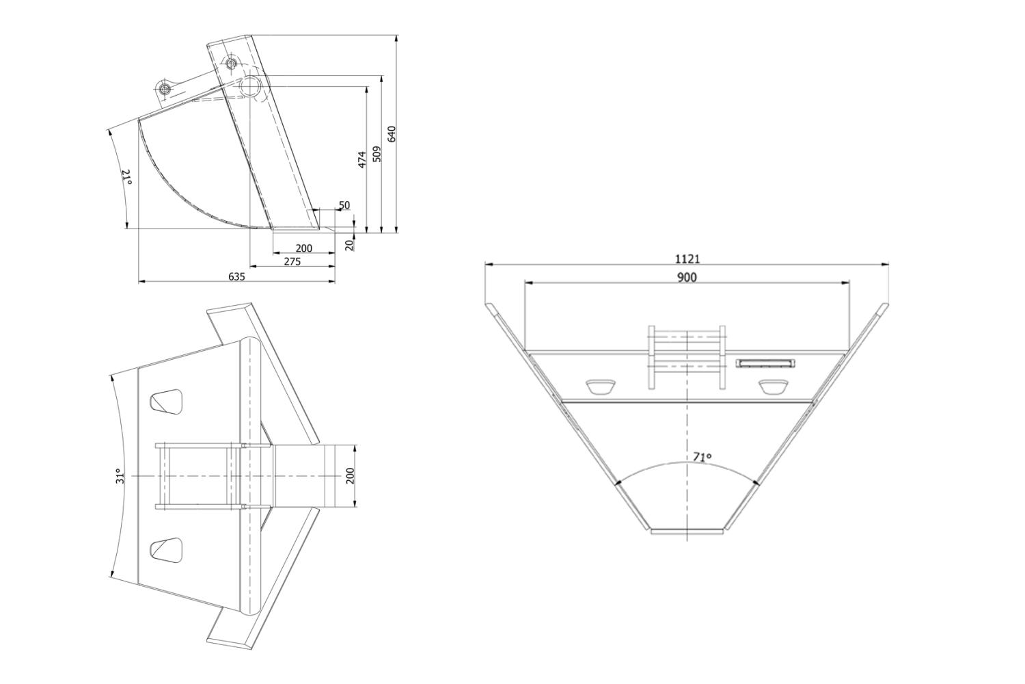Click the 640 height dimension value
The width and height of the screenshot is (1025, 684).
(392, 133)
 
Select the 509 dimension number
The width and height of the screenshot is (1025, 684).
(377, 154)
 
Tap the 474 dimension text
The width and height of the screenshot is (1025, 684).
(362, 159)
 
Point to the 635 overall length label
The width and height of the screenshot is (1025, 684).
(236, 276)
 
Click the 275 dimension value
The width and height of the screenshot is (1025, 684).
(292, 261)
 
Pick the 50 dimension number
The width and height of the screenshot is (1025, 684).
(344, 205)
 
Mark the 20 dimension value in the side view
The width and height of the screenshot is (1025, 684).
(350, 245)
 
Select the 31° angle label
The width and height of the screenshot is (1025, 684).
(120, 476)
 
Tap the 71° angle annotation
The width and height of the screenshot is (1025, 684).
(702, 457)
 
